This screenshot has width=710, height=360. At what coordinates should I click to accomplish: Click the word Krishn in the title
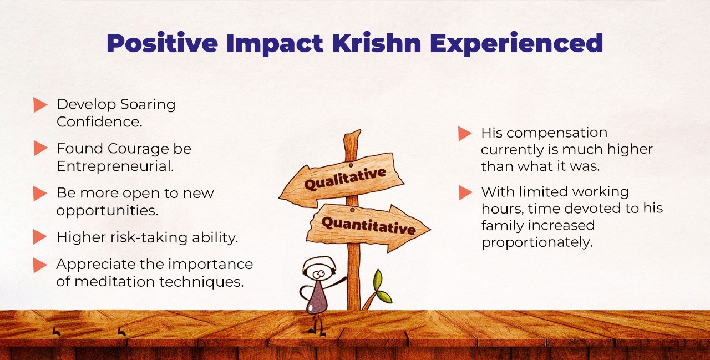(377, 43)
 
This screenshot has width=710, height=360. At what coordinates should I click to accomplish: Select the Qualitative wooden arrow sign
(341, 180)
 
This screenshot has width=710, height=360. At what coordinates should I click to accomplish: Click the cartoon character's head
(319, 269)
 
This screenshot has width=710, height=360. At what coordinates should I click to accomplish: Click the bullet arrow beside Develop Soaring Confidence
(40, 105)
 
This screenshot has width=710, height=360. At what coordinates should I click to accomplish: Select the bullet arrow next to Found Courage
(40, 148)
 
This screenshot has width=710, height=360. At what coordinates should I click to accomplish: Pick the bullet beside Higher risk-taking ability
(40, 237)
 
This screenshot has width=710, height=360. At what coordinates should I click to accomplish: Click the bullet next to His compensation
(465, 134)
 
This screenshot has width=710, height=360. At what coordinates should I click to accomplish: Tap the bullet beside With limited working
(465, 192)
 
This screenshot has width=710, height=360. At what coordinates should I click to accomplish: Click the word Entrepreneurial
(115, 166)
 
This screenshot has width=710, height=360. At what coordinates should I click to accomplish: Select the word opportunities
(107, 211)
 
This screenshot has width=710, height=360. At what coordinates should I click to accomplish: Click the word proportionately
(537, 243)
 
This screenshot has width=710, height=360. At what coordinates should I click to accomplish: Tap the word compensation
(557, 134)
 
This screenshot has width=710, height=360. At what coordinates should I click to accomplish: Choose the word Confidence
(99, 122)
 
